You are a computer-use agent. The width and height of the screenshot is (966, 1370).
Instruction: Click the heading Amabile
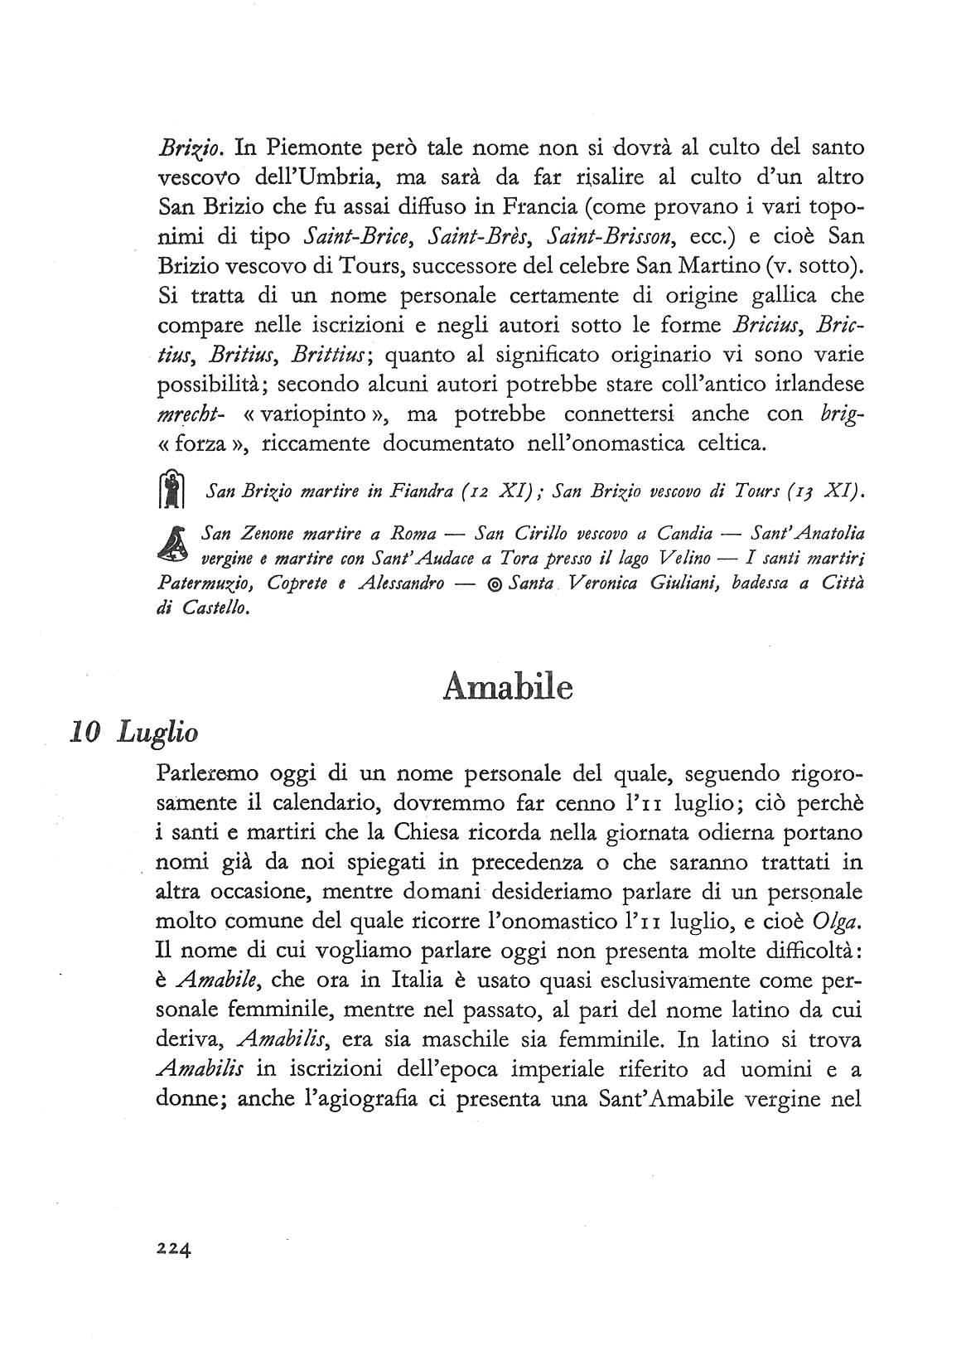(x=508, y=687)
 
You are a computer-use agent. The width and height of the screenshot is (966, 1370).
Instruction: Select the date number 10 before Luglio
(x=86, y=732)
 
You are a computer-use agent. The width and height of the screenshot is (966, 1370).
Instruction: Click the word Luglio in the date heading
(x=157, y=733)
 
